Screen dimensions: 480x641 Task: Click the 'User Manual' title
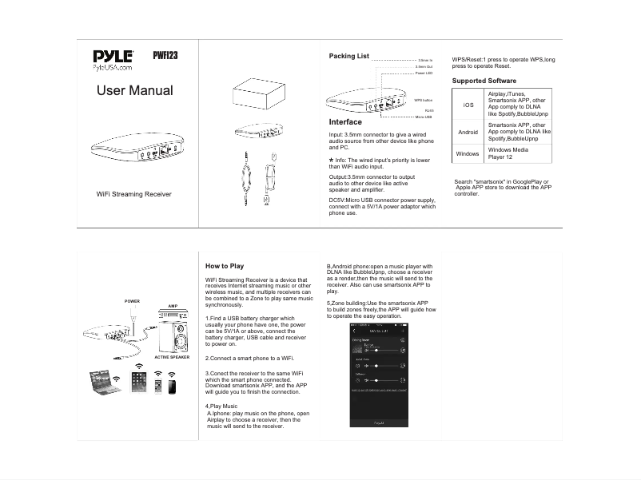pyautogui.click(x=134, y=91)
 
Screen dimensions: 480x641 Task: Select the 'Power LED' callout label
pyautogui.click(x=424, y=73)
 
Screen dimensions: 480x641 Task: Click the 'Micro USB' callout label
pyautogui.click(x=424, y=117)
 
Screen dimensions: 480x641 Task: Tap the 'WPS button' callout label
pyautogui.click(x=423, y=100)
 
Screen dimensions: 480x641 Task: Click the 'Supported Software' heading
pyautogui.click(x=484, y=81)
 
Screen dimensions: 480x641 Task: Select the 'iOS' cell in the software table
pyautogui.click(x=468, y=105)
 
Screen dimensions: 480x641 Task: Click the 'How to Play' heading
pyautogui.click(x=225, y=266)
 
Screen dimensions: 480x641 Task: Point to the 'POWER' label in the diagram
pyautogui.click(x=132, y=301)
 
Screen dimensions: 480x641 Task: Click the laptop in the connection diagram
pyautogui.click(x=106, y=382)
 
